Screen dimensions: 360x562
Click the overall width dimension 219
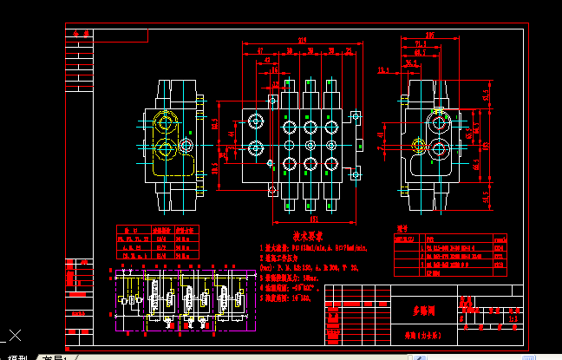point(302,40)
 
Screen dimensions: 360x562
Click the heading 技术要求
point(307,236)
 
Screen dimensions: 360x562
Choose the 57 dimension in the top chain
point(259,51)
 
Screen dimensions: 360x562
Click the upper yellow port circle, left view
point(163,121)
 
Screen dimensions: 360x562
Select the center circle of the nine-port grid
point(310,144)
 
